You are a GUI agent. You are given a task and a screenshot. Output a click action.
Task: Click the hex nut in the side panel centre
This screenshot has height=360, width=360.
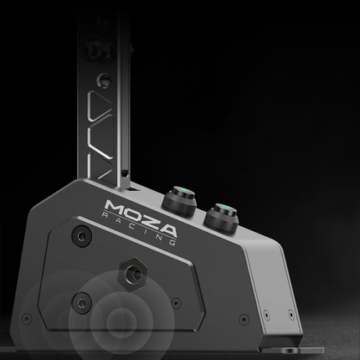click(x=131, y=270)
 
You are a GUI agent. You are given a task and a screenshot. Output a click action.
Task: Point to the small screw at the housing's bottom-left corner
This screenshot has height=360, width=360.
click(x=28, y=318)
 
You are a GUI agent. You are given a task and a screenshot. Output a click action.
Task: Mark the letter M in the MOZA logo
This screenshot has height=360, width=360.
click(x=116, y=206)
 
